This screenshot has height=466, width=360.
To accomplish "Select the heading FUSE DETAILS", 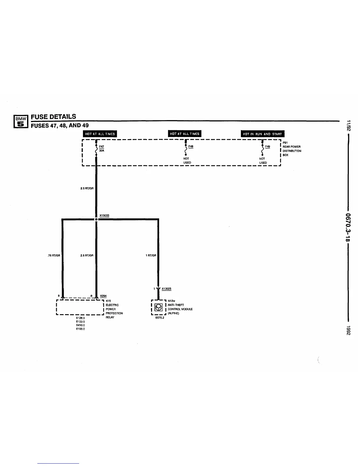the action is pos(53,116).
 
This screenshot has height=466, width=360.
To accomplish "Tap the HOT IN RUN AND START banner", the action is pos(262,134).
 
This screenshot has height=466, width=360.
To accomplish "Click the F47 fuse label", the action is pos(101,146).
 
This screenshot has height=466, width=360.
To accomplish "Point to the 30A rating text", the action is pos(101,150).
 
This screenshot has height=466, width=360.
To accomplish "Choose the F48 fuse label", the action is pos(191,146).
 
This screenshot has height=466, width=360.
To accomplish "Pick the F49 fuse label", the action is pos(267,146).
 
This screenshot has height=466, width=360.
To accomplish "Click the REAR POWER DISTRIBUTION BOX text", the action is pos(291,149).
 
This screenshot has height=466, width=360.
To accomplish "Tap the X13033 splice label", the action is pos(104,215).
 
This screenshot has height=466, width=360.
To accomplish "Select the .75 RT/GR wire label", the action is pos(54,255).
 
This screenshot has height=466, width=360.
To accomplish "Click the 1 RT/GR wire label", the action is pos(151,255).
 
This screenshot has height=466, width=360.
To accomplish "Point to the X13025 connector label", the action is pos(166,289).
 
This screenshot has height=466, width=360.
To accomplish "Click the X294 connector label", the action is pos(103,296).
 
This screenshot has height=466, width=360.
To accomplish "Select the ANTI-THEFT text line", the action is pos(176,305).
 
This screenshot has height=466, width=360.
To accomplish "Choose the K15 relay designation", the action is pos(108,301).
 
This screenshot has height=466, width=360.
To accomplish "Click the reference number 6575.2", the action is pos(160,318).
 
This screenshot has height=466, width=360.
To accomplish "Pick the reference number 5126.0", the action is pos(80,318).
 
